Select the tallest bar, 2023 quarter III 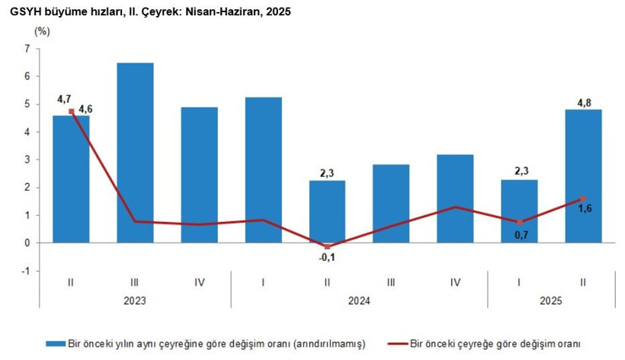click(135, 153)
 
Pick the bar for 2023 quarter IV click(199, 175)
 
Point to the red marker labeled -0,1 click(327, 246)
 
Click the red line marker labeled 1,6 click(582, 199)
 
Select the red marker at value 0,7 click(519, 223)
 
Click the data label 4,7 click(64, 99)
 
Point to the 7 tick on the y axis click(27, 49)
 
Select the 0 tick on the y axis click(27, 243)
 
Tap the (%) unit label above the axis click(43, 31)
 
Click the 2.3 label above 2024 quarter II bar click(327, 173)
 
